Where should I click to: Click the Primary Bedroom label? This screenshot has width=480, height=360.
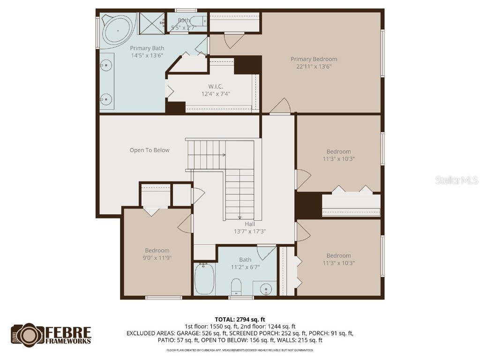point(314,59)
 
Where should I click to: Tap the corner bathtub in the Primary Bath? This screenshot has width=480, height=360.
point(118,30)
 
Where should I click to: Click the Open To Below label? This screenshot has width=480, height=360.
point(150,150)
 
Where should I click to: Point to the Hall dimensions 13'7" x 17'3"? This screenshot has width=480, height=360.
point(250,232)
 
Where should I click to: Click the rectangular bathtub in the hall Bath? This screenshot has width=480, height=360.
point(204,279)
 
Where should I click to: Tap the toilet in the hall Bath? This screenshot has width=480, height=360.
point(236,286)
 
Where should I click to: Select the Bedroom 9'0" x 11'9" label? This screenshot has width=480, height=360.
point(157,251)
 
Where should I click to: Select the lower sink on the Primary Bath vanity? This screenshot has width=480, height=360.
point(107,99)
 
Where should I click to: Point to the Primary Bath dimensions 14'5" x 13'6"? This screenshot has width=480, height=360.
point(147,55)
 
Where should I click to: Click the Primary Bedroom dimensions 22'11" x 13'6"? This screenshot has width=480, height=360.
point(314,67)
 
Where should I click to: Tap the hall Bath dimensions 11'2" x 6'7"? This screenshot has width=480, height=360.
point(245,267)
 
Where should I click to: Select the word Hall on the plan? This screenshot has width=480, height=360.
point(249,224)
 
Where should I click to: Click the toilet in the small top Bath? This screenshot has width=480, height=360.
point(199,21)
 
